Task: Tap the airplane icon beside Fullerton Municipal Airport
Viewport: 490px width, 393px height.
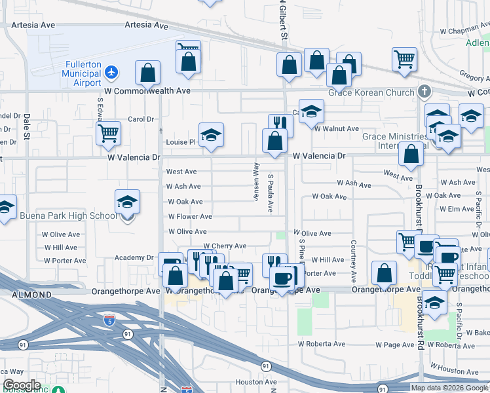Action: (x=112, y=71)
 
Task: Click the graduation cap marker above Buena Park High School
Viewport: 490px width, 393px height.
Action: (x=128, y=202)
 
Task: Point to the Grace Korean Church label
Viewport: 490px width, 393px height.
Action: (x=371, y=92)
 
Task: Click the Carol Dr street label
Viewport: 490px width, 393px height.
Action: (x=140, y=119)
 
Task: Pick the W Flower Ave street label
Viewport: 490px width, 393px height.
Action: (x=190, y=216)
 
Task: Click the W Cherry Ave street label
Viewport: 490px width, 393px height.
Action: (x=224, y=246)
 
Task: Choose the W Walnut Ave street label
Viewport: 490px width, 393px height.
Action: (x=336, y=129)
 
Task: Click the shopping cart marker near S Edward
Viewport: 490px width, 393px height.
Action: (x=108, y=134)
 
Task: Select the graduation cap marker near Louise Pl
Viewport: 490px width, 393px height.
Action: (x=211, y=136)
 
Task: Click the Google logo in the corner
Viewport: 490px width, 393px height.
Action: (x=22, y=385)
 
